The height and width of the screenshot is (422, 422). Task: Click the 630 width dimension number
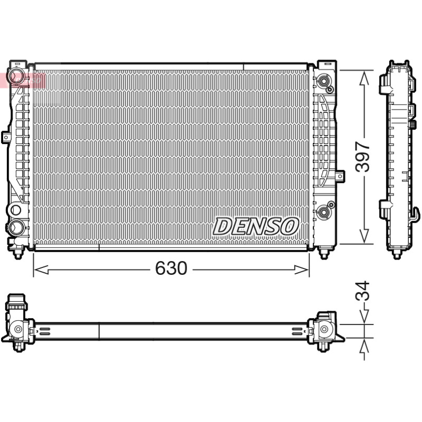(x=171, y=268)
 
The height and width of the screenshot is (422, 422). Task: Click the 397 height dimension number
(x=362, y=157)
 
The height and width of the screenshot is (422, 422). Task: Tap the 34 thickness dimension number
(x=362, y=291)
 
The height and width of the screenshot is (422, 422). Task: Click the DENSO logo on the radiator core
(x=256, y=226)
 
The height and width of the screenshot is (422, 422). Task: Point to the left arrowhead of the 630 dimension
(x=41, y=270)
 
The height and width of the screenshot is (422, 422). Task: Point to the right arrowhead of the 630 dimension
(x=301, y=270)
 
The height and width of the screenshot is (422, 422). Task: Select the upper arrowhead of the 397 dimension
(x=364, y=78)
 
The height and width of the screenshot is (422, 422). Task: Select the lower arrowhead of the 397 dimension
(x=364, y=236)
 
